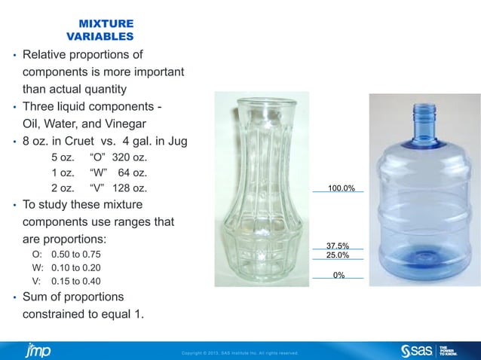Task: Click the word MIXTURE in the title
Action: [x=107, y=24]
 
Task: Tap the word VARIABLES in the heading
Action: [x=101, y=36]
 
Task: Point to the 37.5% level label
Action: [x=337, y=246]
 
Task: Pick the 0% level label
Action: [x=339, y=275]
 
